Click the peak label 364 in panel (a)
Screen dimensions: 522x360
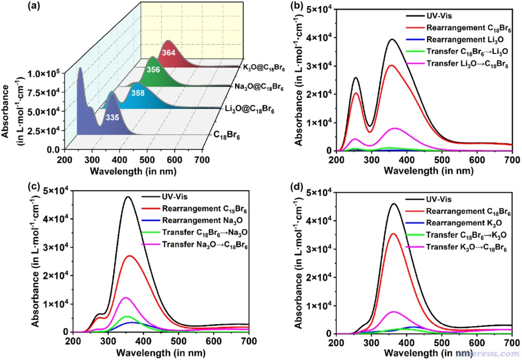click(x=169, y=53)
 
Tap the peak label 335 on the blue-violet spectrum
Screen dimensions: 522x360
click(x=112, y=117)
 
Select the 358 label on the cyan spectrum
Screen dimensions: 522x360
click(x=138, y=93)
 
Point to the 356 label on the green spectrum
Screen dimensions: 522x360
click(x=153, y=70)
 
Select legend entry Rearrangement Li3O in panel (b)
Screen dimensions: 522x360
click(x=464, y=40)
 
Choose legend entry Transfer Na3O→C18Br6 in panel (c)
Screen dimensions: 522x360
click(x=205, y=245)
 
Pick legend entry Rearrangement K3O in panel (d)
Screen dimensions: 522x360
click(x=464, y=223)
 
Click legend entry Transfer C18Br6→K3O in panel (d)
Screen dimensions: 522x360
click(x=466, y=235)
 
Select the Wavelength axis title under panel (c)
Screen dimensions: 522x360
click(x=161, y=353)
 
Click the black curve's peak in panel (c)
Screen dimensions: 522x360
click(x=128, y=197)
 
